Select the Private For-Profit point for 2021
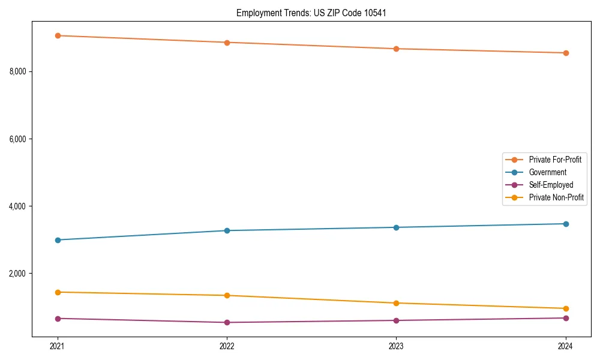tap(58, 35)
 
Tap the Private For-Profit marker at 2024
tap(566, 53)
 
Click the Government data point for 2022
tap(227, 230)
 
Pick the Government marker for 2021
tap(58, 240)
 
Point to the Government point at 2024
tap(566, 224)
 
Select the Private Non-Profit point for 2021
tap(58, 292)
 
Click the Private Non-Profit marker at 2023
tap(396, 303)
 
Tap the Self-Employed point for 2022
tap(227, 322)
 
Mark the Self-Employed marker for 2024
tap(566, 318)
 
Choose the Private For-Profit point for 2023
tap(396, 49)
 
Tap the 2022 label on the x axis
tap(227, 346)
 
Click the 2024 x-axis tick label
tap(566, 346)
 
